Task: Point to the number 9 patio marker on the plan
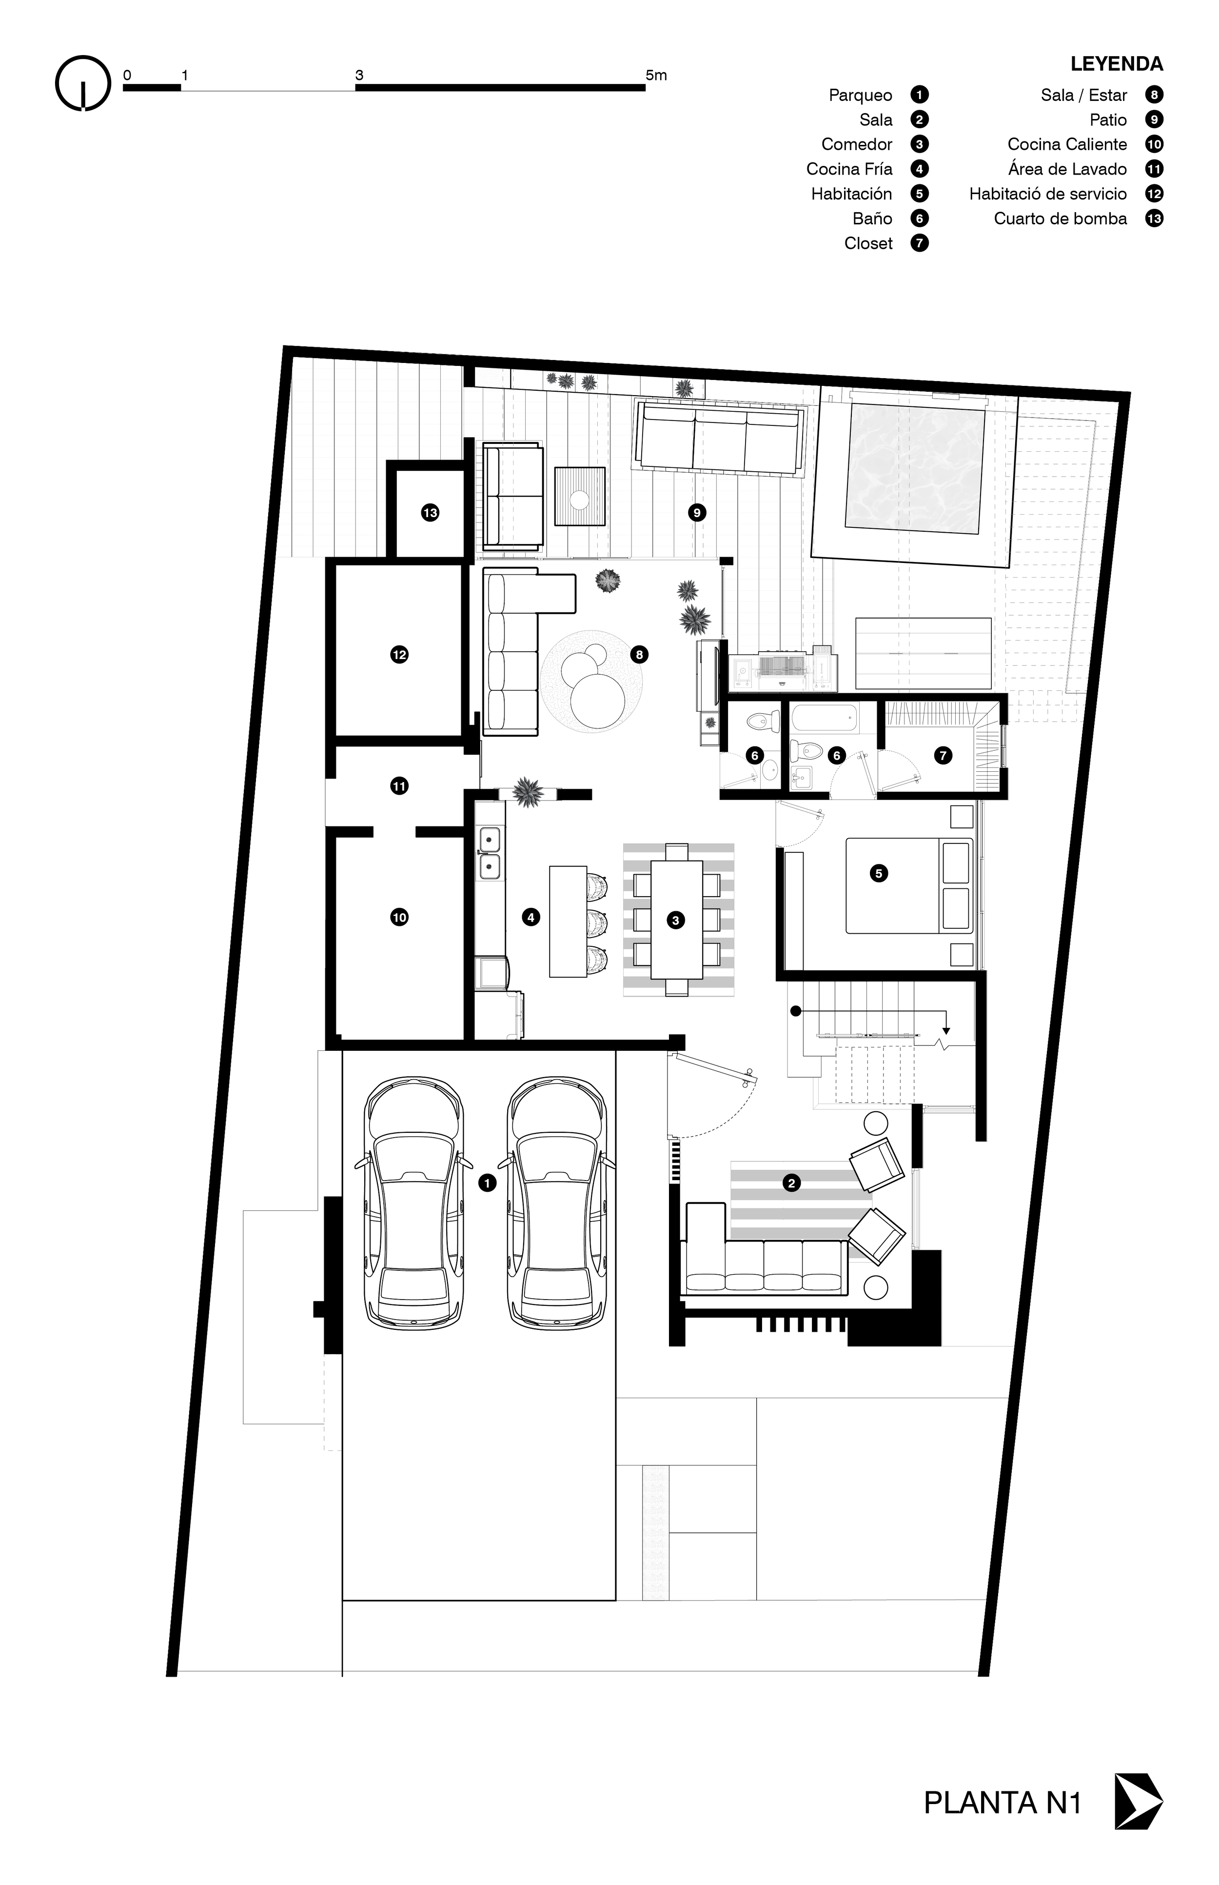coord(697,513)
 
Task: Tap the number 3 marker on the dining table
coord(675,921)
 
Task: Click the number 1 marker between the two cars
coord(488,1183)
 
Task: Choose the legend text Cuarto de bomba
coord(1061,219)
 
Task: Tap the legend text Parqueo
coord(861,95)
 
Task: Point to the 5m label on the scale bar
coord(656,75)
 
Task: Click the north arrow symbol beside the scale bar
coord(82,82)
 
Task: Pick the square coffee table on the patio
coord(580,497)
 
